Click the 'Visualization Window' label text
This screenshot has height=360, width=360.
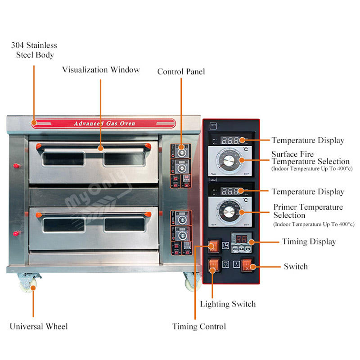coord(101,70)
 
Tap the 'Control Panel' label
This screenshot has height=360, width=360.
coord(181,72)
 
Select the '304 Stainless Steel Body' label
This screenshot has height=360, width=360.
coord(34,50)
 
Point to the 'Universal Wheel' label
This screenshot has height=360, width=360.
coord(39,326)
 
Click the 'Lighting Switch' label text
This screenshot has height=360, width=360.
coord(228,304)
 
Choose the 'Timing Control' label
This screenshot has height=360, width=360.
coord(199,326)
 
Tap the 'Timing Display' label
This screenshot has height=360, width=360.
coord(309,242)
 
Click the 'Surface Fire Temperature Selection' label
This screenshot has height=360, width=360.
coord(310,158)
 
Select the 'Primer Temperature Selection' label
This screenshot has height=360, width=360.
coord(308,211)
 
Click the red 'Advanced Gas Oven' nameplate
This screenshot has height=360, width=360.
coord(104,123)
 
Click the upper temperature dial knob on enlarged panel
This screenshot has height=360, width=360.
coord(229,160)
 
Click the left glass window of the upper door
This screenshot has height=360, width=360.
coord(63,159)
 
